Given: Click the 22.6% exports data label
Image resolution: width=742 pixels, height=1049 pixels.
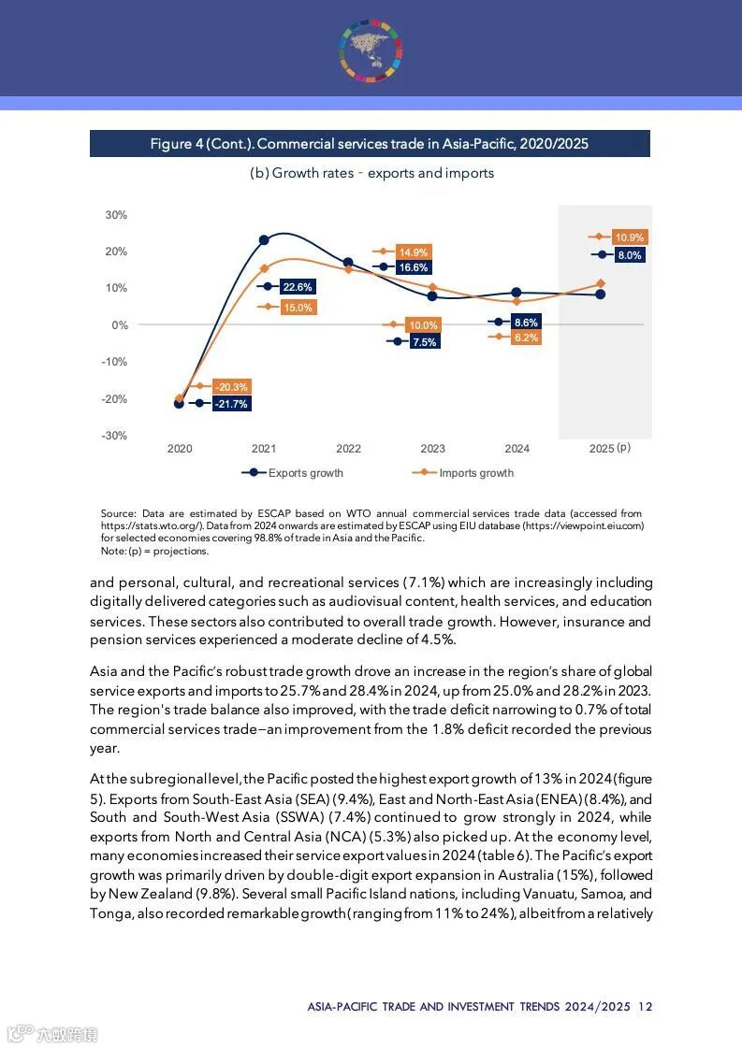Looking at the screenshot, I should (x=298, y=287).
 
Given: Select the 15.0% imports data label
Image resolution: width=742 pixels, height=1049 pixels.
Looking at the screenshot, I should (x=298, y=307).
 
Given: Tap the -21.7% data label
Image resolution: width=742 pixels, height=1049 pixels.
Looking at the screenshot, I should (x=230, y=404).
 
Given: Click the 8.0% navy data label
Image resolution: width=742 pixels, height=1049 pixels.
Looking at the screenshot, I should (x=630, y=255).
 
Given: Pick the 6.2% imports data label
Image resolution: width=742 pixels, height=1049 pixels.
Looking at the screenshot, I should (x=526, y=338).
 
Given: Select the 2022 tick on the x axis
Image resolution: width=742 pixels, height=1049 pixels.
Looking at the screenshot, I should (x=348, y=449).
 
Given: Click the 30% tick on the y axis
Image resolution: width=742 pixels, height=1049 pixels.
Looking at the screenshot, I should (x=116, y=215).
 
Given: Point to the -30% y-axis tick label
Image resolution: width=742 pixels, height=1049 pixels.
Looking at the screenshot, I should (x=115, y=436).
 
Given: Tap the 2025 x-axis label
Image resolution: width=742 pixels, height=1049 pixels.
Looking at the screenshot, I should (x=602, y=449).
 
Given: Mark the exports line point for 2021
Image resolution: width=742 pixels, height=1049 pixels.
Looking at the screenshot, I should (x=264, y=240).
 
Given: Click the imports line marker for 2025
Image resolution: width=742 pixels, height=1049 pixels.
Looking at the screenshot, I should (x=601, y=283).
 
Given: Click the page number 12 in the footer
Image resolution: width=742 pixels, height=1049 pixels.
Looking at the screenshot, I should (x=646, y=1007).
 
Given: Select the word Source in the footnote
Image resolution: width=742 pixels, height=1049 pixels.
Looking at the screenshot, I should (x=118, y=514).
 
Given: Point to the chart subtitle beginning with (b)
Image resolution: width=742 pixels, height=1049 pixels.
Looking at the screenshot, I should (x=371, y=173).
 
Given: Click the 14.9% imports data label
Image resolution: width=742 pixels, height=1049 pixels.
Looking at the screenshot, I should (x=413, y=252).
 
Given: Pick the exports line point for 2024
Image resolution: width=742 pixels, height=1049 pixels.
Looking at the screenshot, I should (x=516, y=293).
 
